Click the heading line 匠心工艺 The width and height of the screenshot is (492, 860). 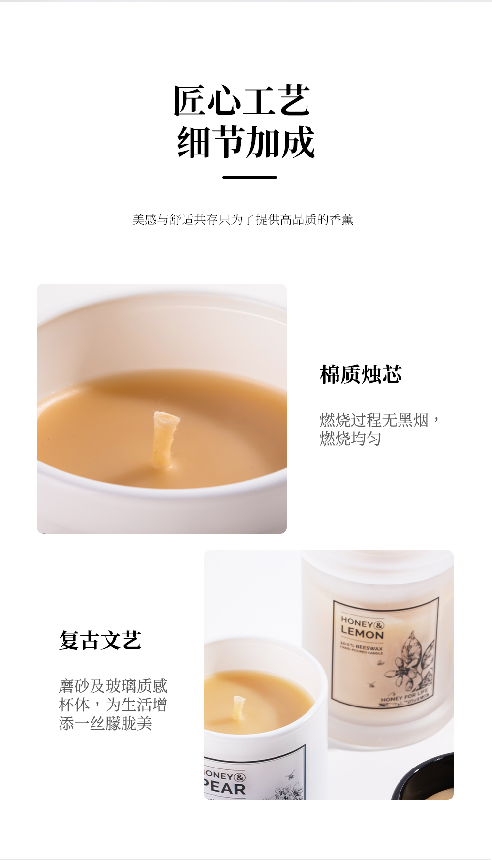[x=242, y=101]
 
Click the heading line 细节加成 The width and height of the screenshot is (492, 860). [x=246, y=142]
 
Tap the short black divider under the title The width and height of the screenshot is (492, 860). [x=249, y=177]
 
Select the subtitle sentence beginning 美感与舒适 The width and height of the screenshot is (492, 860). [x=243, y=219]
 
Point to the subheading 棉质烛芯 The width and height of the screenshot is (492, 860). [x=361, y=374]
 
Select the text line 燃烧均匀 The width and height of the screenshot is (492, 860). [x=350, y=438]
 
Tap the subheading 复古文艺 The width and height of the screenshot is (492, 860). [x=100, y=640]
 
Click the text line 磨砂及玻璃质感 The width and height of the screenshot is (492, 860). [x=113, y=686]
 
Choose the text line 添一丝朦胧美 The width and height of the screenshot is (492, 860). [x=105, y=723]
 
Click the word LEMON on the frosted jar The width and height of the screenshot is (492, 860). [x=362, y=633]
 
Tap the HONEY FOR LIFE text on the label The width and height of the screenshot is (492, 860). [x=404, y=696]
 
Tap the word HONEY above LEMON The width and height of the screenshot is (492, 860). [x=357, y=622]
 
